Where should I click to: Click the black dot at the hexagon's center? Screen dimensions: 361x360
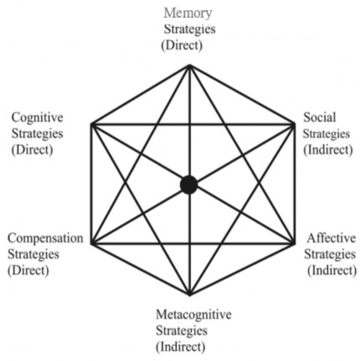click(x=188, y=184)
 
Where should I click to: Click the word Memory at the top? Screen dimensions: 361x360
click(x=188, y=13)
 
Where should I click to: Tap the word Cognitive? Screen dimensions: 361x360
click(x=37, y=117)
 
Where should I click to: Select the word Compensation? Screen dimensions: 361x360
click(x=45, y=238)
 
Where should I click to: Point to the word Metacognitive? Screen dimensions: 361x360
click(x=193, y=314)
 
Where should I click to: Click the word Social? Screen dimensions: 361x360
click(x=320, y=117)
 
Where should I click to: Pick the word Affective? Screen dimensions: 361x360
click(x=330, y=238)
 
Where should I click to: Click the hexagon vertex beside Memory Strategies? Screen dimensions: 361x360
click(x=189, y=65)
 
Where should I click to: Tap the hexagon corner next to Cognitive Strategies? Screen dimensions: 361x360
click(x=91, y=125)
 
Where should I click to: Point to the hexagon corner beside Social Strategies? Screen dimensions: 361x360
click(x=289, y=125)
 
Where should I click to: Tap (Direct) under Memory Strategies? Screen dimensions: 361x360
click(x=188, y=45)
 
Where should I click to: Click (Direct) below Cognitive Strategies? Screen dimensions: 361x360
click(x=32, y=149)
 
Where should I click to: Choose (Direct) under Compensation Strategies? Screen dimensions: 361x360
click(x=29, y=270)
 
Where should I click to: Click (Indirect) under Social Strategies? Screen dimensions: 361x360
click(x=326, y=149)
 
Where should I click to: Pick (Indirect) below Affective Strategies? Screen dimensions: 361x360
click(x=331, y=270)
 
